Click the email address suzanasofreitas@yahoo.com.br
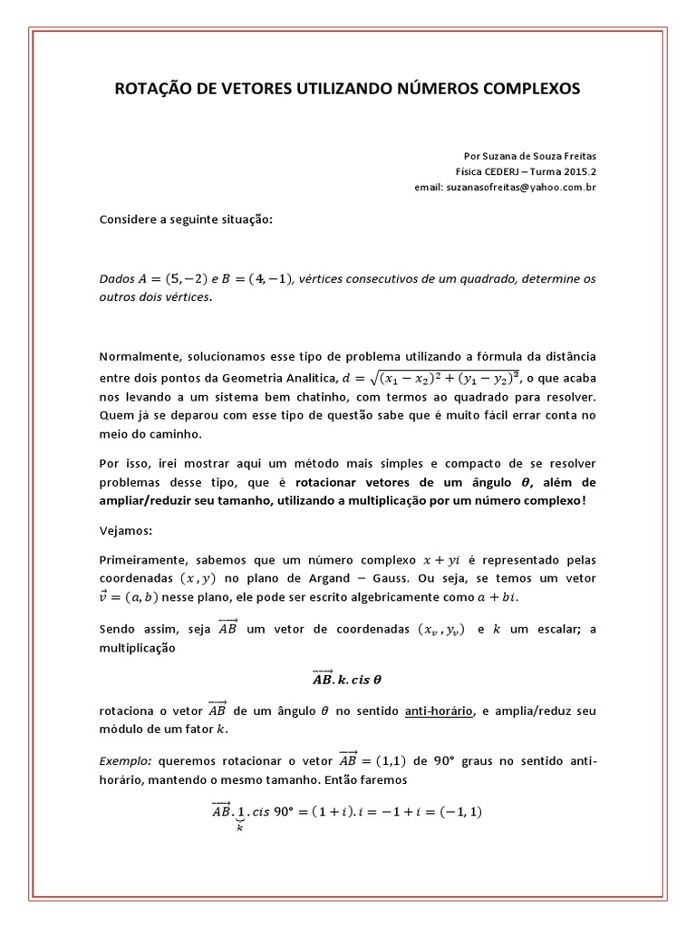[x=530, y=187]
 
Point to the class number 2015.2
[x=577, y=171]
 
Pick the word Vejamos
[x=126, y=529]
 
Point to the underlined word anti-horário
[x=439, y=710]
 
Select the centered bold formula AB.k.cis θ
[x=348, y=677]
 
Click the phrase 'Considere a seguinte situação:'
[x=185, y=220]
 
